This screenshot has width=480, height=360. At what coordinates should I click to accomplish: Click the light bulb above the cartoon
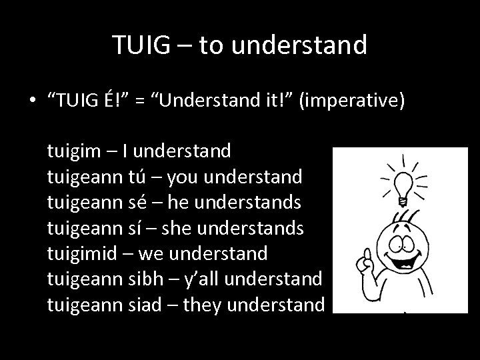tap(403, 182)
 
